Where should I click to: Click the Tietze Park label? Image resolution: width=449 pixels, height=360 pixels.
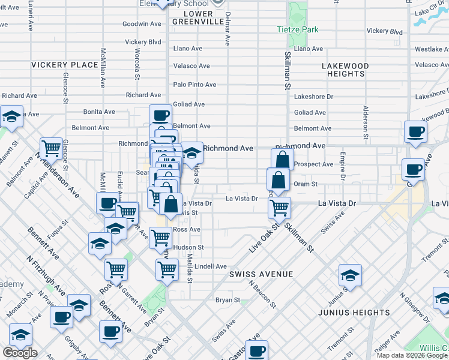coord(297,29)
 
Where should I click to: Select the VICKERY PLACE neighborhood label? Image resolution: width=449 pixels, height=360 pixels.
coord(64,65)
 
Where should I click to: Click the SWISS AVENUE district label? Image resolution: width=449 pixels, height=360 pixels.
coord(261,274)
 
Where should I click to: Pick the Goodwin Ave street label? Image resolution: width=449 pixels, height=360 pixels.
coord(142,24)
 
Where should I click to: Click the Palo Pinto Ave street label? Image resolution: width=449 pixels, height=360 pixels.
coord(194,85)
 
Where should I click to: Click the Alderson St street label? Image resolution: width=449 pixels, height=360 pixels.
coord(364,121)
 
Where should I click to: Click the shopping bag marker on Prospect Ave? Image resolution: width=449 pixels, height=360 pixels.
coord(282,160)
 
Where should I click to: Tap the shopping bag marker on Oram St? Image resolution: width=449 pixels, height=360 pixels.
coord(278,179)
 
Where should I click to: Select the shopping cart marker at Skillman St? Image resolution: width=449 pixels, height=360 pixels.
coord(279,208)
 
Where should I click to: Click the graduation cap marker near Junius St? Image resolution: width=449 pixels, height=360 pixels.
coord(350,275)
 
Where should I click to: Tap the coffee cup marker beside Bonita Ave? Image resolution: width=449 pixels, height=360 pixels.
coord(160,115)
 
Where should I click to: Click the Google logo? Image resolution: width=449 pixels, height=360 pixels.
coord(20,353)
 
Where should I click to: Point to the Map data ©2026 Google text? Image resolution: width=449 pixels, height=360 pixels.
coord(412,355)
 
